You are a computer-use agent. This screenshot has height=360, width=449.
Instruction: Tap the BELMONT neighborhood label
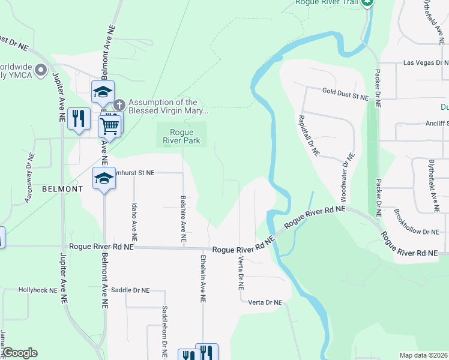pyautogui.click(x=62, y=188)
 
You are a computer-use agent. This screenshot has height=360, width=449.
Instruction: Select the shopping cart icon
pyautogui.click(x=110, y=126)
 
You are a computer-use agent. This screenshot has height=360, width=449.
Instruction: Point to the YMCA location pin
pyautogui.click(x=41, y=71)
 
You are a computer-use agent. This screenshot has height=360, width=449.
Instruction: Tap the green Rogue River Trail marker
pyautogui.click(x=367, y=3)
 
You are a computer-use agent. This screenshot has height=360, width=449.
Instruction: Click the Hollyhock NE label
pyautogui.click(x=38, y=290)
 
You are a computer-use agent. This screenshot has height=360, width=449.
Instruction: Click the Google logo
pyautogui.click(x=20, y=353)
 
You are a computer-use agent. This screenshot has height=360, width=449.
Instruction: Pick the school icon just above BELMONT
pyautogui.click(x=103, y=178)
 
